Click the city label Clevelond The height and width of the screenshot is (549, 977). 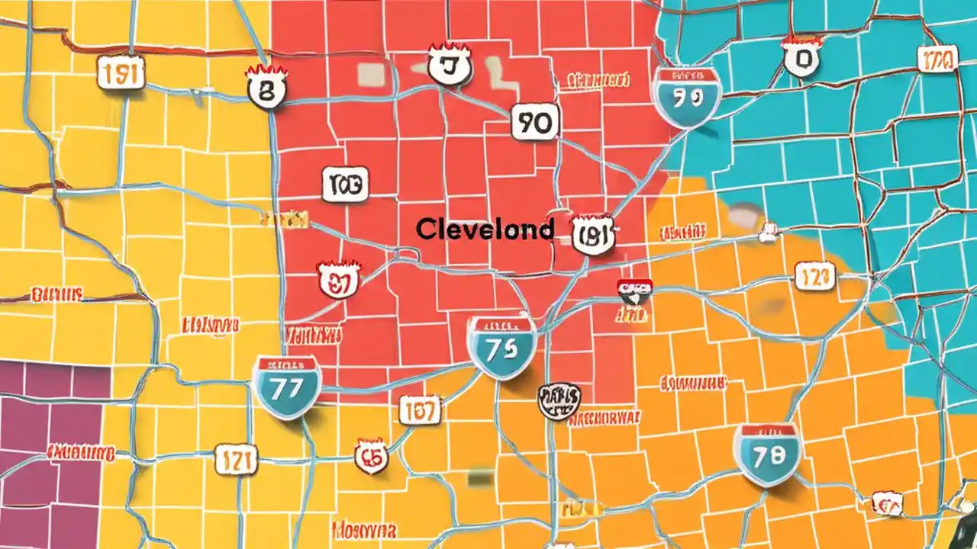485,230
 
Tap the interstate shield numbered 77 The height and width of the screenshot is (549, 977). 286,386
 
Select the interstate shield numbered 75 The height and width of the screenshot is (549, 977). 501,348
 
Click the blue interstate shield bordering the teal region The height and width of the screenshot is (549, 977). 686,97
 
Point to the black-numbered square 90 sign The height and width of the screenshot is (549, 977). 535,122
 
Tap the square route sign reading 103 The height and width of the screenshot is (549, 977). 346,184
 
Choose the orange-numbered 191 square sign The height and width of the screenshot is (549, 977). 121,73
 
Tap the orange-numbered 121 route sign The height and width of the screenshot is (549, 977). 236,460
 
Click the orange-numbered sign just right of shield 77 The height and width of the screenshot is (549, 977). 420,411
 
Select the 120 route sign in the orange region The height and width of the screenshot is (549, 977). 814,276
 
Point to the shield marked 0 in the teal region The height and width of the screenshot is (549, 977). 801,58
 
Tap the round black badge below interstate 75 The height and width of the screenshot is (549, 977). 559,401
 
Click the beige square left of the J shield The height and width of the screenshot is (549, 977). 371,72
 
